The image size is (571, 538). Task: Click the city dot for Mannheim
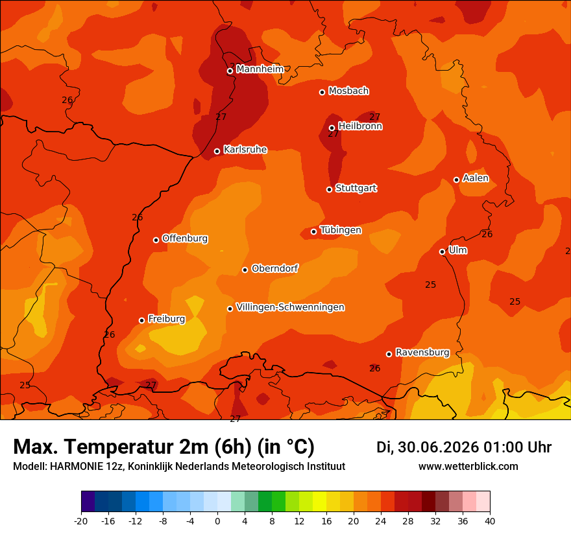pos(230,71)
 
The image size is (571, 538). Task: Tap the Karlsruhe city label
pos(245,150)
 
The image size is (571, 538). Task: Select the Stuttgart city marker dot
pos(329,189)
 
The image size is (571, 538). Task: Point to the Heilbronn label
pos(360,126)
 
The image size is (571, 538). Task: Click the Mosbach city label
pos(348,91)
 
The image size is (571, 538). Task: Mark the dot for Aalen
pos(456,180)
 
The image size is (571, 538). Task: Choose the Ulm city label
pos(457,250)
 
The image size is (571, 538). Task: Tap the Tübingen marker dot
pos(313,231)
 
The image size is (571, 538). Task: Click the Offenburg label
pos(185,239)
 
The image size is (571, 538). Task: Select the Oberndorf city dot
pos(245,270)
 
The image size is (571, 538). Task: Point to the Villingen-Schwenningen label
pos(290,307)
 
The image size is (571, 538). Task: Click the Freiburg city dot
pos(141,320)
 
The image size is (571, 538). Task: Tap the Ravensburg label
pos(422,352)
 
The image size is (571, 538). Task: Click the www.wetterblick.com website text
pos(468,466)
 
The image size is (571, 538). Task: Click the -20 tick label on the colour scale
pos(81,521)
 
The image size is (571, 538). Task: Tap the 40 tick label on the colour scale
pos(490,521)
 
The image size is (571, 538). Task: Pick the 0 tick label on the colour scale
pos(217,521)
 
